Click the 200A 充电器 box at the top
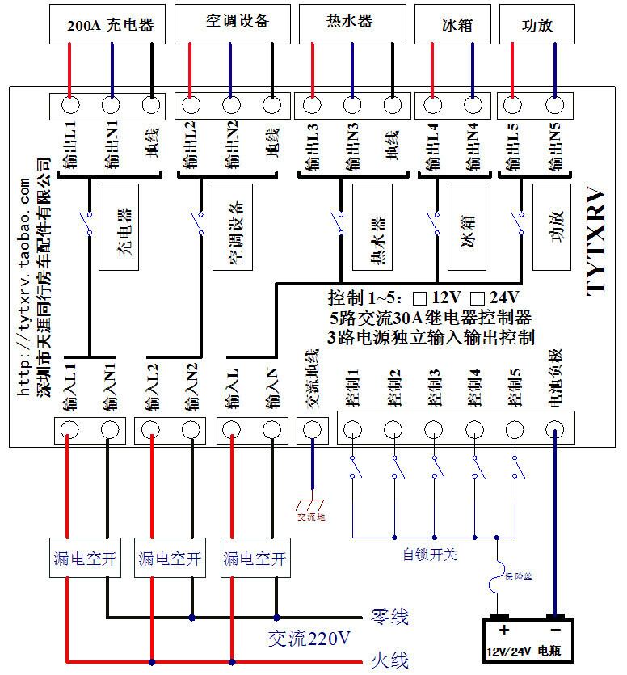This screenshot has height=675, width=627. point(111,24)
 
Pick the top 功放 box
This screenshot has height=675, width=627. point(537,24)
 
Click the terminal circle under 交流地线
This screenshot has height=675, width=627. point(312,428)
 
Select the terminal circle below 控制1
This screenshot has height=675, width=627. point(352,428)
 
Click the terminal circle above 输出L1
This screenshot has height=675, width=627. point(70,104)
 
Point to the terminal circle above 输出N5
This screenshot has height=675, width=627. point(554,104)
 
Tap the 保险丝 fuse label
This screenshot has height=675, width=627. point(518,576)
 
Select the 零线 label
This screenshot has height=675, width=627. point(389,617)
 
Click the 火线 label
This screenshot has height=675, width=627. point(389,659)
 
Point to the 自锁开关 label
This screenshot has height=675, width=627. point(430,555)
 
